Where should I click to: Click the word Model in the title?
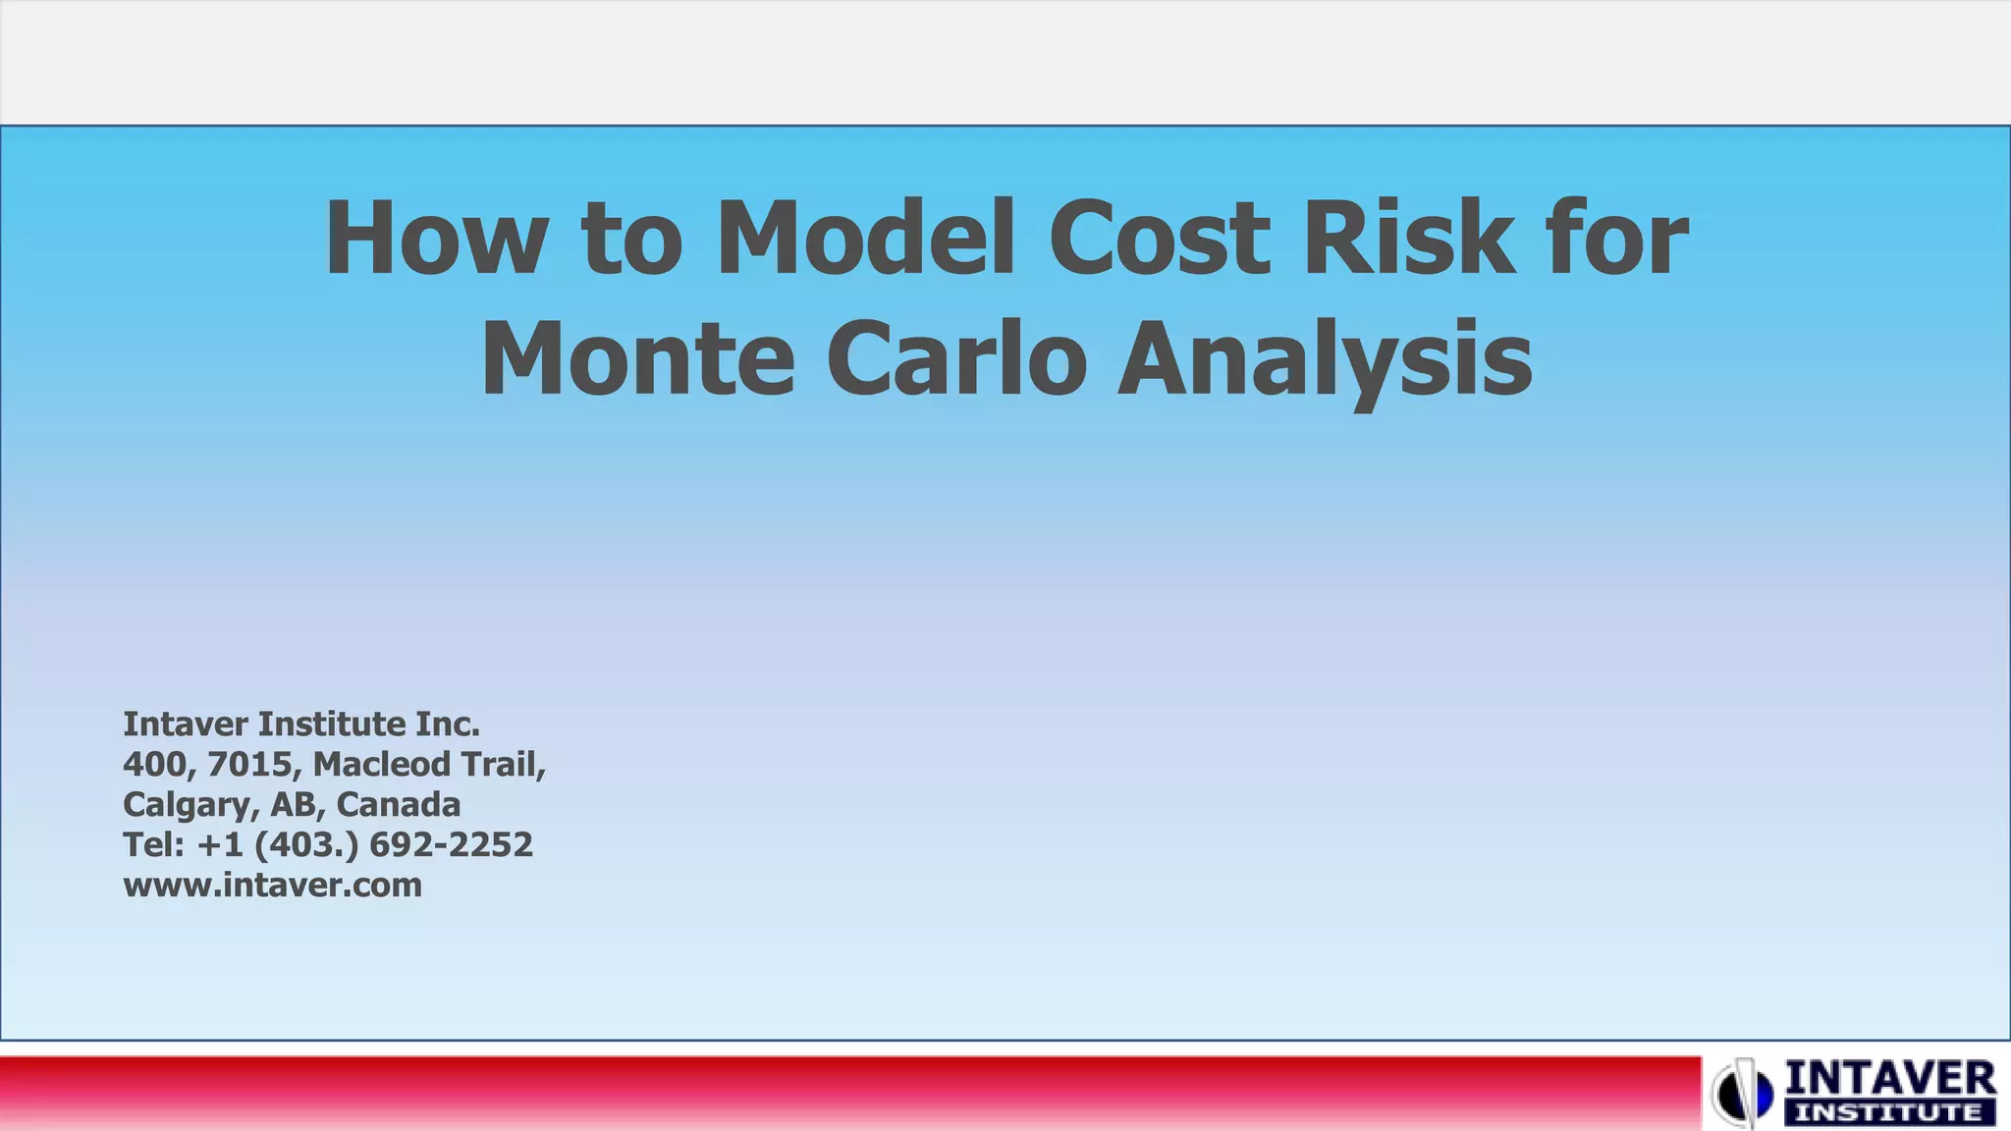865,239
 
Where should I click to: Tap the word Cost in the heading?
1160,239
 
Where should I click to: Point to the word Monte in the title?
637,358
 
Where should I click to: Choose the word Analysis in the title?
1325,360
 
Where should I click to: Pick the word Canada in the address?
398,805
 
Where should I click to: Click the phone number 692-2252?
451,844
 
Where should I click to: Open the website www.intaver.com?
272,885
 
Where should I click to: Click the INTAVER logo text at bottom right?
1889,1080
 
